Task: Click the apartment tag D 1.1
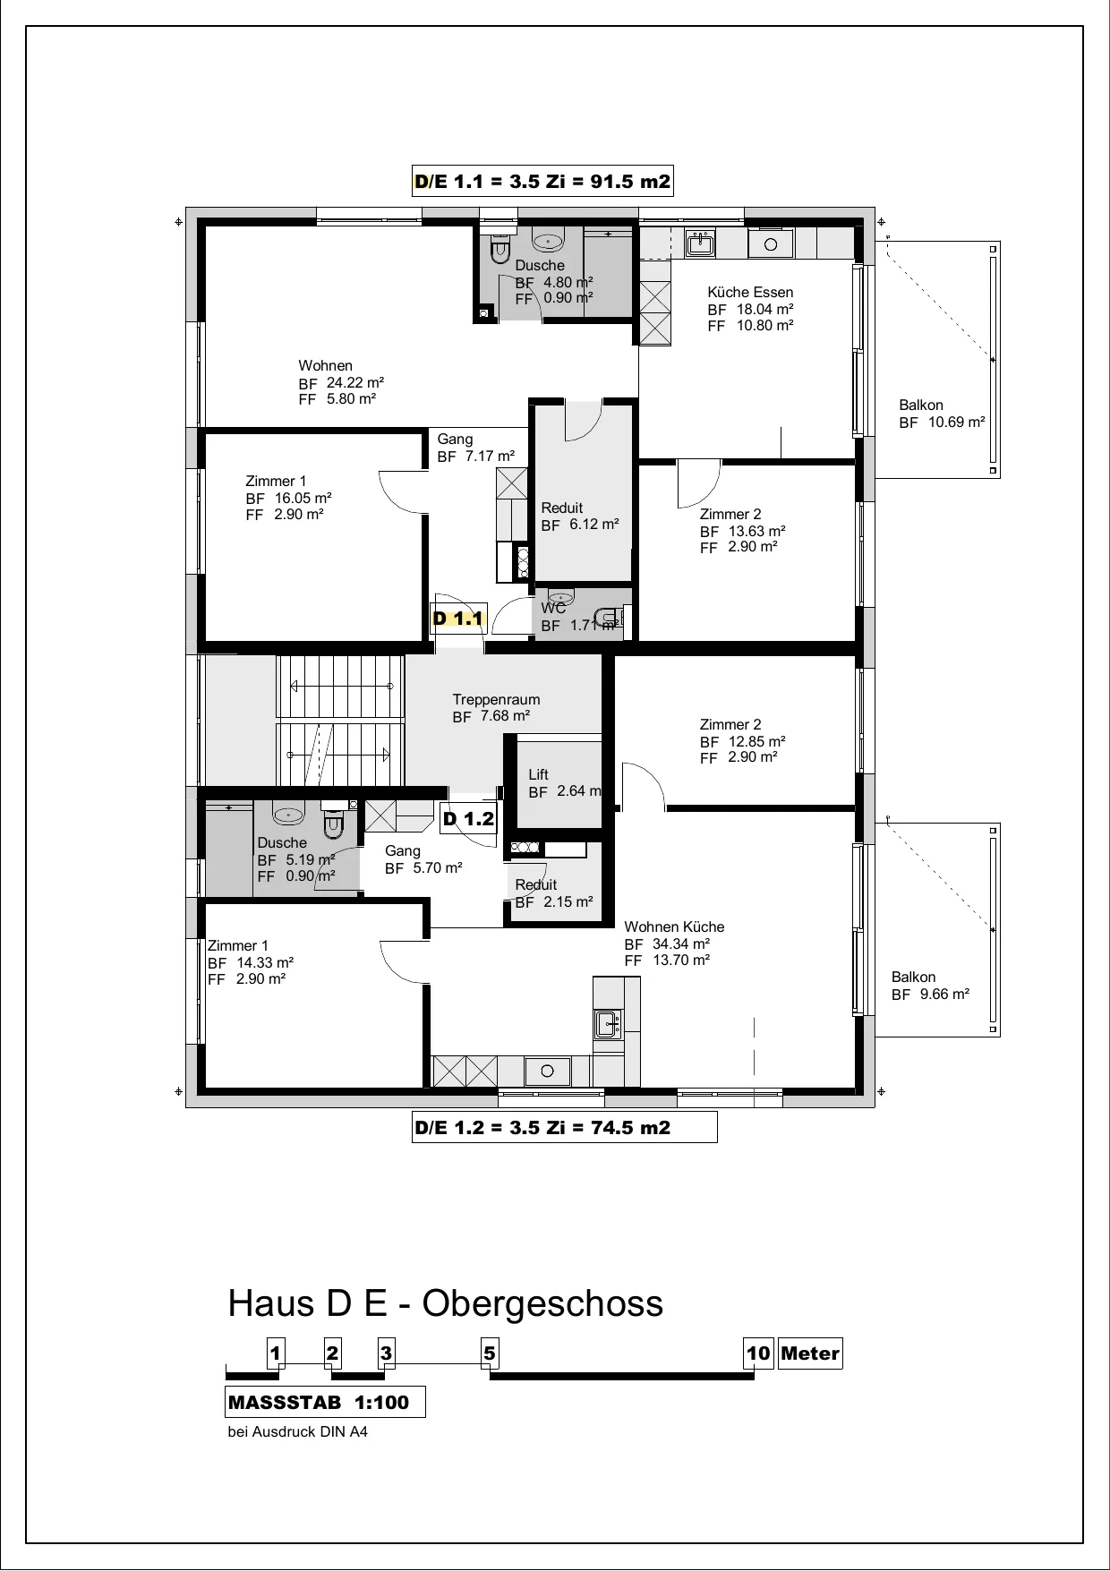[x=458, y=618]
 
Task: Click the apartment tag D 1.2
[x=469, y=818]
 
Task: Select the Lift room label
[x=538, y=774]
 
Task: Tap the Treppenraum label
[x=496, y=699]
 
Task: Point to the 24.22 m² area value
[x=355, y=382]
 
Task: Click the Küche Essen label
[x=750, y=292]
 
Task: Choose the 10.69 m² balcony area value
[x=956, y=422]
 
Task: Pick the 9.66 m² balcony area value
[x=944, y=994]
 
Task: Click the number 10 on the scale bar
[x=758, y=1353]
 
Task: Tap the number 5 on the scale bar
[x=489, y=1353]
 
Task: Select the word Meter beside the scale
[x=810, y=1353]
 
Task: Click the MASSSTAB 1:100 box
[x=325, y=1402]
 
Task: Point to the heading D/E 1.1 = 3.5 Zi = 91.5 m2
[x=542, y=182]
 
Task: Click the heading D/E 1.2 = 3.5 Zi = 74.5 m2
[x=564, y=1128]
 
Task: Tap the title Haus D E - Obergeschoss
[x=446, y=1303]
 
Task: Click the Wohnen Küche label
[x=674, y=926]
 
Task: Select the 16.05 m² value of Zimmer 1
[x=303, y=498]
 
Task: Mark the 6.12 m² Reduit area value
[x=594, y=524]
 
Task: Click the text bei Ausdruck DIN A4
[x=298, y=1431]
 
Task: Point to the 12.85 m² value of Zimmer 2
[x=757, y=741]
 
